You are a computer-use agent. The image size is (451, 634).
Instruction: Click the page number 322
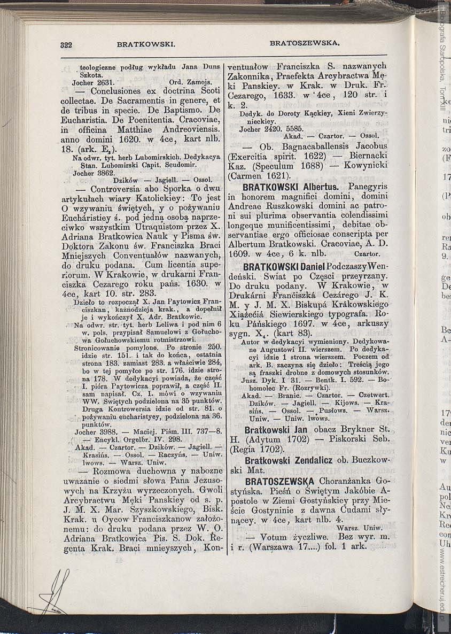66,45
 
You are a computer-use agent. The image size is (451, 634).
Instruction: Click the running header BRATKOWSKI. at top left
146,44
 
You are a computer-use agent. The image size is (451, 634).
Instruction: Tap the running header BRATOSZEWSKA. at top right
305,42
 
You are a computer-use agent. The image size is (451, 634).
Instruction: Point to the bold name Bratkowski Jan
276,430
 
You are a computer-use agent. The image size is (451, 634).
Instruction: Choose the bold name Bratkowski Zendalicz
289,460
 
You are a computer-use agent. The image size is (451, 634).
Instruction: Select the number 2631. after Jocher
104,83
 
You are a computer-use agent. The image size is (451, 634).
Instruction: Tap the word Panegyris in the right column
367,187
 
